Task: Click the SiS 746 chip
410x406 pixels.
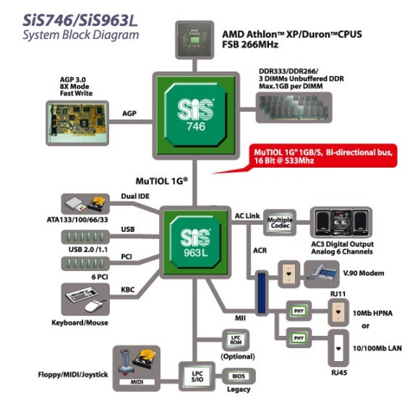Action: click(196, 115)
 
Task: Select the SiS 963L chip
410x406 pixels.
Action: click(195, 243)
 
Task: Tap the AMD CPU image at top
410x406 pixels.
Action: click(195, 40)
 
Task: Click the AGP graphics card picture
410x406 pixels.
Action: click(77, 123)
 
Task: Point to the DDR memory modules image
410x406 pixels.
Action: click(294, 108)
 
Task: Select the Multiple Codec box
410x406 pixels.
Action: click(280, 223)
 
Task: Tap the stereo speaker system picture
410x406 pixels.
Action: click(341, 223)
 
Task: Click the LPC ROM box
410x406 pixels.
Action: click(236, 340)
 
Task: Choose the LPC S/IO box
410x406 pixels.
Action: click(197, 376)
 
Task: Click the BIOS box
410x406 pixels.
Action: click(239, 376)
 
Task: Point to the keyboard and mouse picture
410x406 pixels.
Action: click(85, 299)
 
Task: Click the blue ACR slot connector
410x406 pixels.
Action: click(262, 293)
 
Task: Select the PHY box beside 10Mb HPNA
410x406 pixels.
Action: click(299, 311)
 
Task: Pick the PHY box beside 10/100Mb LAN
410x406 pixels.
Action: click(299, 338)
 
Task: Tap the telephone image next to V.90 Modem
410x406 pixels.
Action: click(322, 274)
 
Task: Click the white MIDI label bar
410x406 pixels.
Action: click(137, 382)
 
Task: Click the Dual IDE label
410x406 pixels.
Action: click(135, 196)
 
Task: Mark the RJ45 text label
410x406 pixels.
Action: click(339, 373)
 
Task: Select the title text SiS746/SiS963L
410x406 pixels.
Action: click(80, 21)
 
